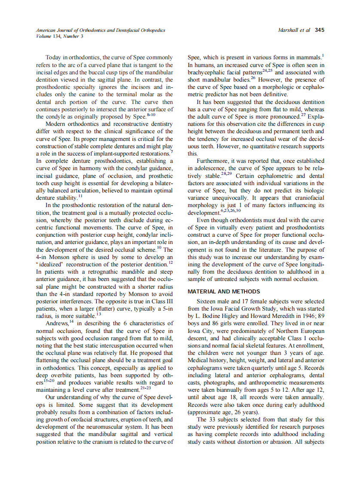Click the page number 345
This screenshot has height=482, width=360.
coord(319,30)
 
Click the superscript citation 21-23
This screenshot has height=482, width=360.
coord(146,387)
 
